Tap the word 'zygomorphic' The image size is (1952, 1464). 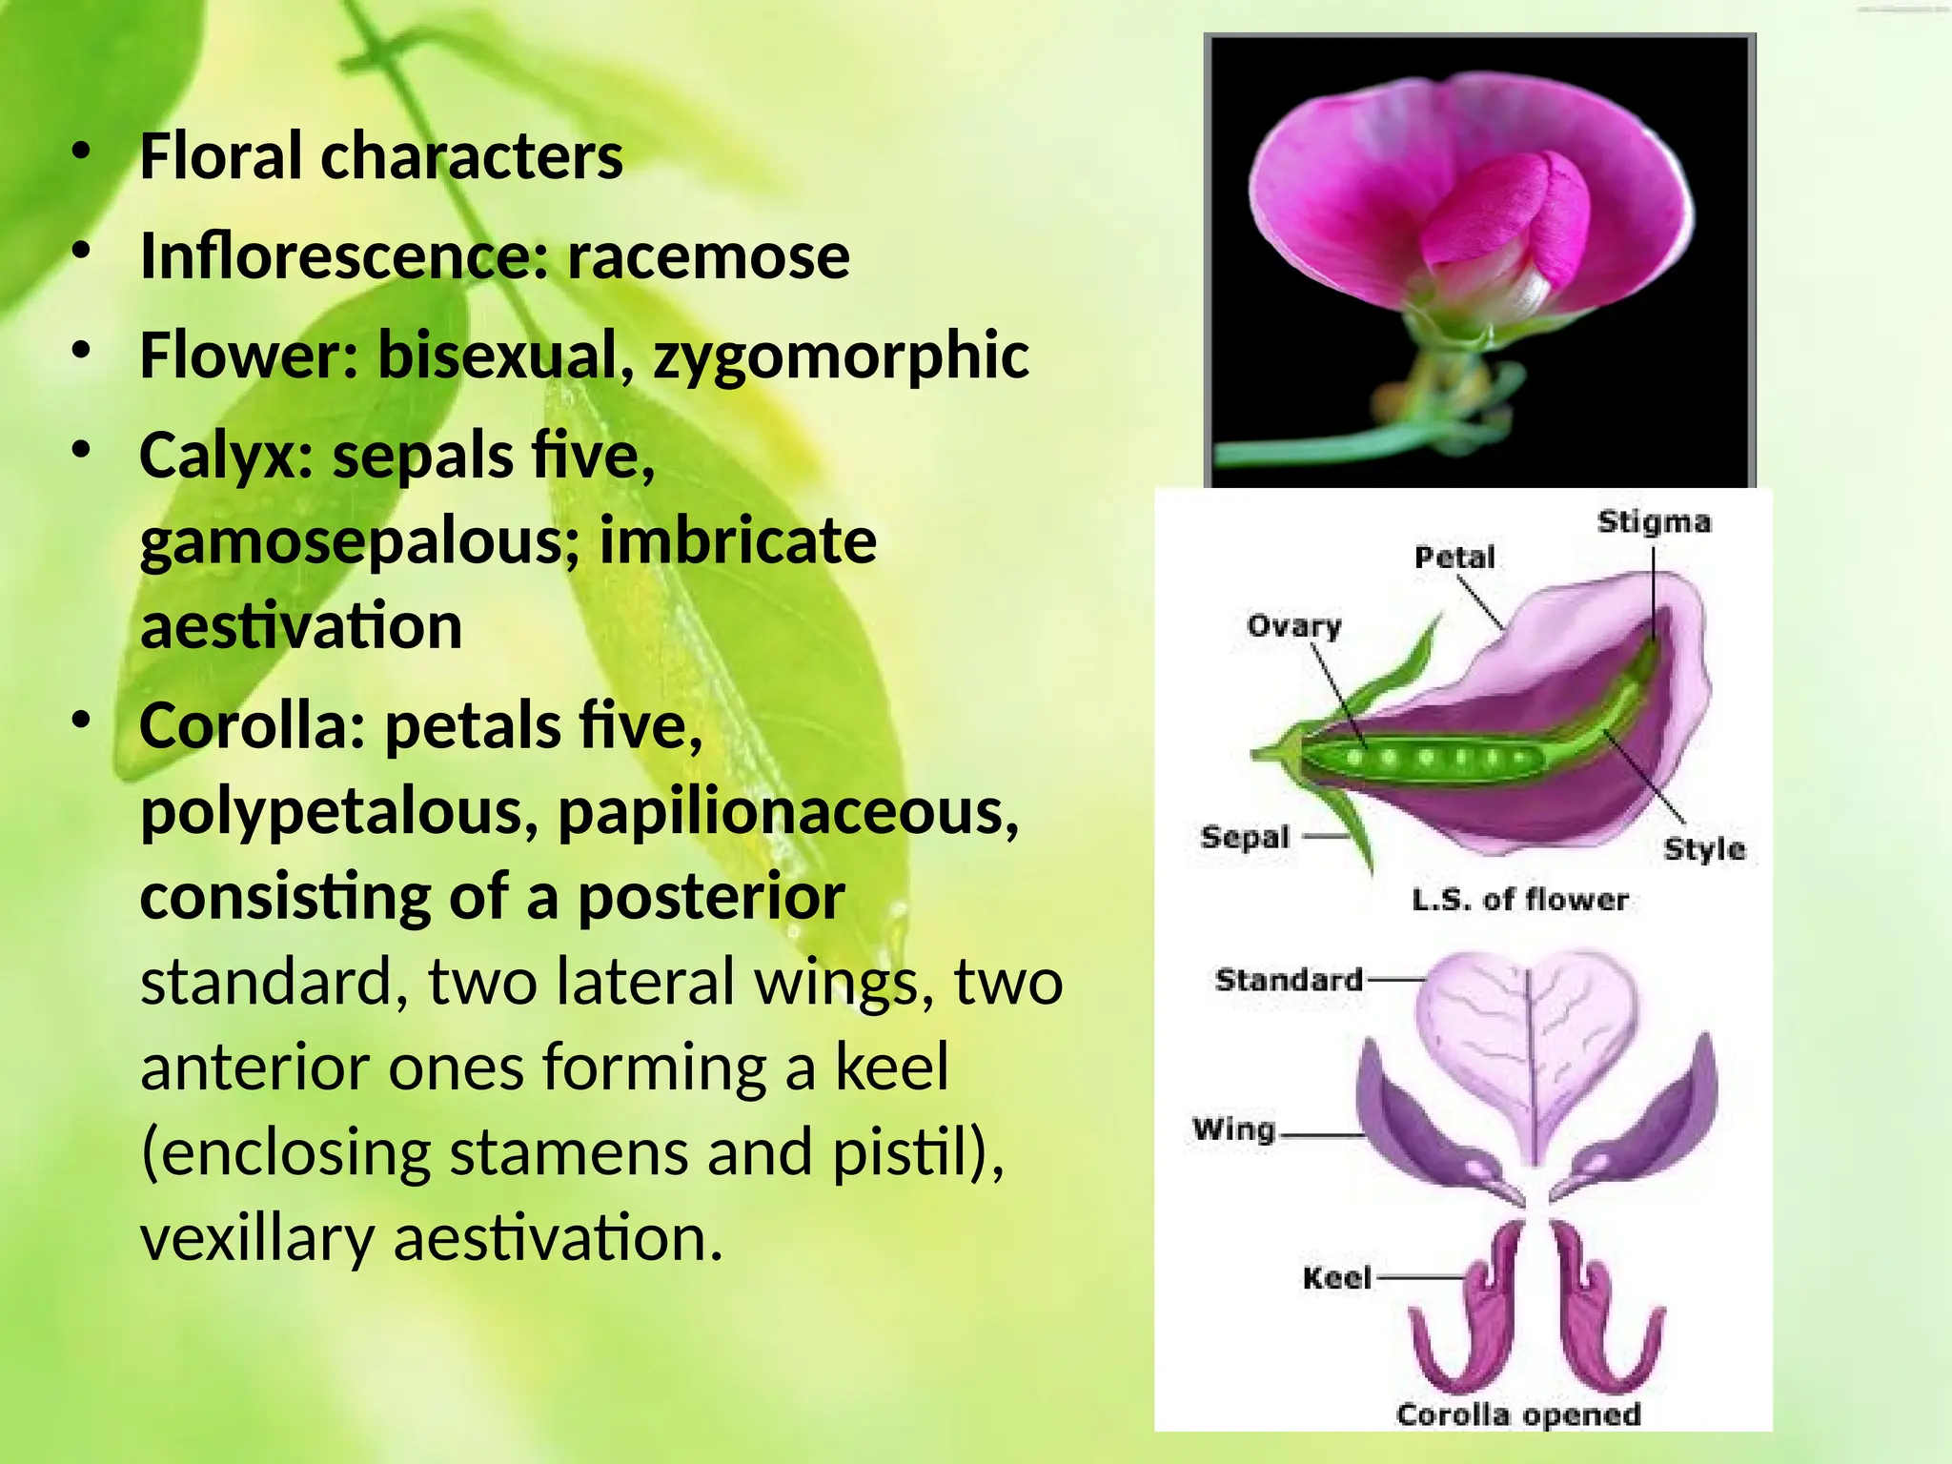point(841,356)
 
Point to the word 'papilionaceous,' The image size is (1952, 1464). point(788,812)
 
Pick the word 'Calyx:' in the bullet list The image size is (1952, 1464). point(226,456)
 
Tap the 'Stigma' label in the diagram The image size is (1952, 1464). point(1654,522)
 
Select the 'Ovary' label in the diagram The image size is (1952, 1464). point(1293,626)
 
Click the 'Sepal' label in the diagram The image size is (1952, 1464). point(1245,837)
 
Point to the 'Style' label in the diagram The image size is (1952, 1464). point(1704,848)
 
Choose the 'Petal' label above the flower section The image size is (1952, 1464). point(1454,558)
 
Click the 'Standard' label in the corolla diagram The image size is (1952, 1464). point(1289,980)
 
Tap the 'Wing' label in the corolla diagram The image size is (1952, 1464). point(1233,1129)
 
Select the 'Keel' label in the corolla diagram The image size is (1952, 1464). point(1336,1278)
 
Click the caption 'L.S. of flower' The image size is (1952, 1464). point(1520,900)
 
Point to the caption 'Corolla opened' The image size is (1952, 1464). point(1518,1413)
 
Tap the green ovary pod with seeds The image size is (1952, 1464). point(1420,759)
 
